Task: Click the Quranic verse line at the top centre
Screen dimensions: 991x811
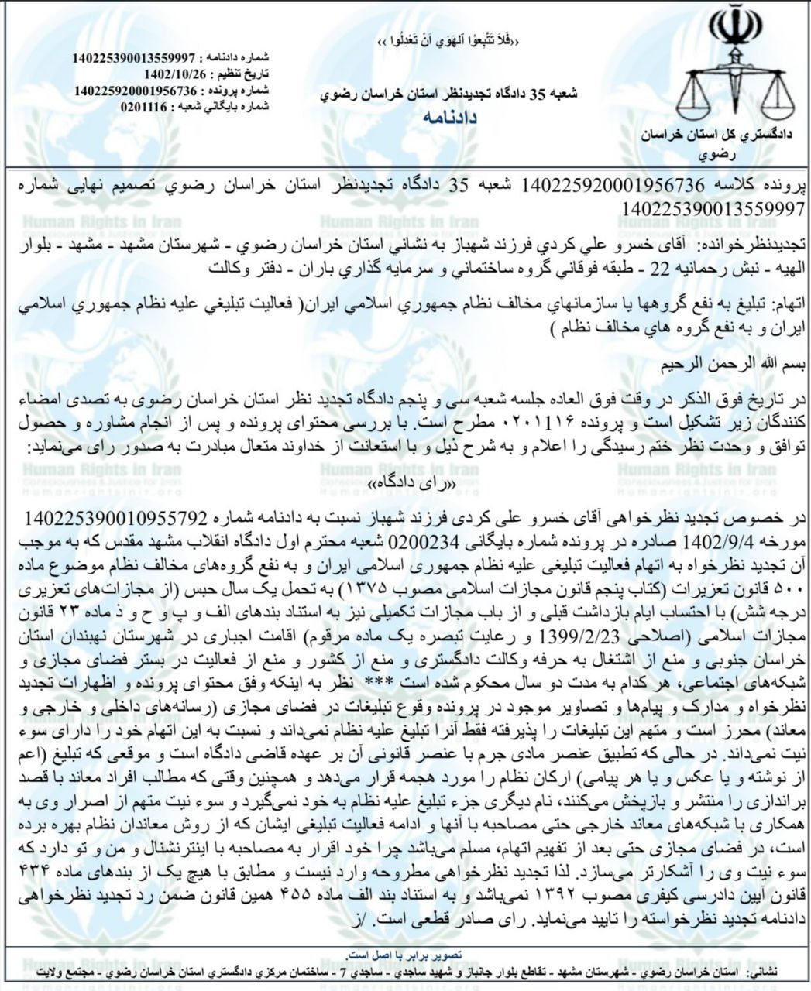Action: click(x=448, y=41)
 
